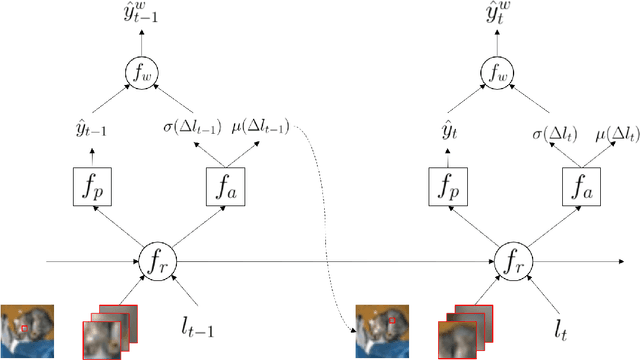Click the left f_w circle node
point(140,70)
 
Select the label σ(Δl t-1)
point(198,127)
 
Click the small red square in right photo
point(393,321)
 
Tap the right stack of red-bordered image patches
point(464,325)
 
